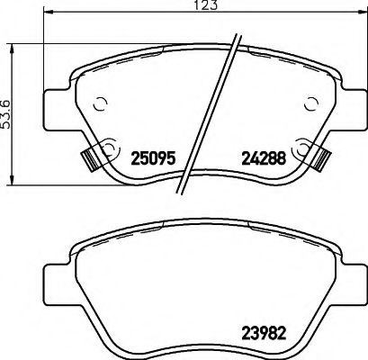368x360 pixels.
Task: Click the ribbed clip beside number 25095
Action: click(x=88, y=159)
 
